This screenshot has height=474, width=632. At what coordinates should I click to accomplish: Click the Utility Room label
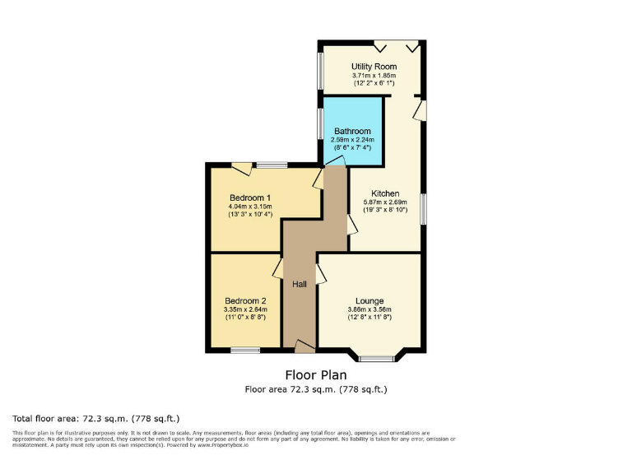[x=374, y=67]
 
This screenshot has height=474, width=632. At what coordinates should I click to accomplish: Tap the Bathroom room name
[x=352, y=131]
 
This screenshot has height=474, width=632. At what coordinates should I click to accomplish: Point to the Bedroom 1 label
[x=250, y=197]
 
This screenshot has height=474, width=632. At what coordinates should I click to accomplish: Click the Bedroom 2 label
[x=245, y=300]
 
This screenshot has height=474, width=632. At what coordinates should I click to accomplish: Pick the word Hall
[x=300, y=284]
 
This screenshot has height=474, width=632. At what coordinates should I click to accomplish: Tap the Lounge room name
[x=369, y=300]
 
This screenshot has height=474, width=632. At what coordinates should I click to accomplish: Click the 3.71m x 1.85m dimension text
[x=374, y=76]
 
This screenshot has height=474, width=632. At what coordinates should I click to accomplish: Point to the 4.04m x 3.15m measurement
[x=250, y=207]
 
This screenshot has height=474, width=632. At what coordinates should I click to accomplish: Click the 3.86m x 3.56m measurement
[x=369, y=310]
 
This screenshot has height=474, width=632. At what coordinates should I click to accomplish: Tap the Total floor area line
[x=96, y=418]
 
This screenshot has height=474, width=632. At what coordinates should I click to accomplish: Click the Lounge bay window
[x=377, y=358]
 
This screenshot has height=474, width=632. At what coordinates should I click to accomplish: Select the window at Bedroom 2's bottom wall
[x=245, y=351]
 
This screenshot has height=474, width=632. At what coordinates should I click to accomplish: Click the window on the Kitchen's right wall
[x=423, y=209]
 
